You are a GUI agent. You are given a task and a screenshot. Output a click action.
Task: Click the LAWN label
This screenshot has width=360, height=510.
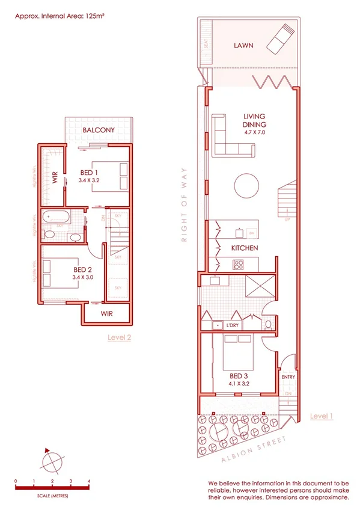(243, 45)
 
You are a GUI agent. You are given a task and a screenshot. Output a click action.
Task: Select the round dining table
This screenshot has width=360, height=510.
(248, 186)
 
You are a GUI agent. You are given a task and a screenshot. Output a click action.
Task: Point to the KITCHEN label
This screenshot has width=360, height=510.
(245, 248)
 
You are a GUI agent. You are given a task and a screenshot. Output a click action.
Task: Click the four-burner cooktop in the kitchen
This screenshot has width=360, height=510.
(239, 263)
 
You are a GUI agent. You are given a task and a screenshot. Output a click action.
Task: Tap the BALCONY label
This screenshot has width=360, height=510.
(99, 130)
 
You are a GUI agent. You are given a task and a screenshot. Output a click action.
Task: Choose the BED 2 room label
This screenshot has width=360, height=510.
(83, 269)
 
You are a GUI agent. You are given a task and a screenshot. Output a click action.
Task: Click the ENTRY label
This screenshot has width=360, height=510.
(288, 377)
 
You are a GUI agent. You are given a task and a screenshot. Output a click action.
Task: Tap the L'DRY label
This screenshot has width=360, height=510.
(233, 325)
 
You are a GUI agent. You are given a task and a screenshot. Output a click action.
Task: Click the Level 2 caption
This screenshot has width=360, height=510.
(119, 337)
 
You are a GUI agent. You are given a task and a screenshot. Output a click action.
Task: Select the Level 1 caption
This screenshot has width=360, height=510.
(322, 416)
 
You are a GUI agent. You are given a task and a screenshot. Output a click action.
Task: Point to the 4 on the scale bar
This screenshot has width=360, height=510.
(89, 481)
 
